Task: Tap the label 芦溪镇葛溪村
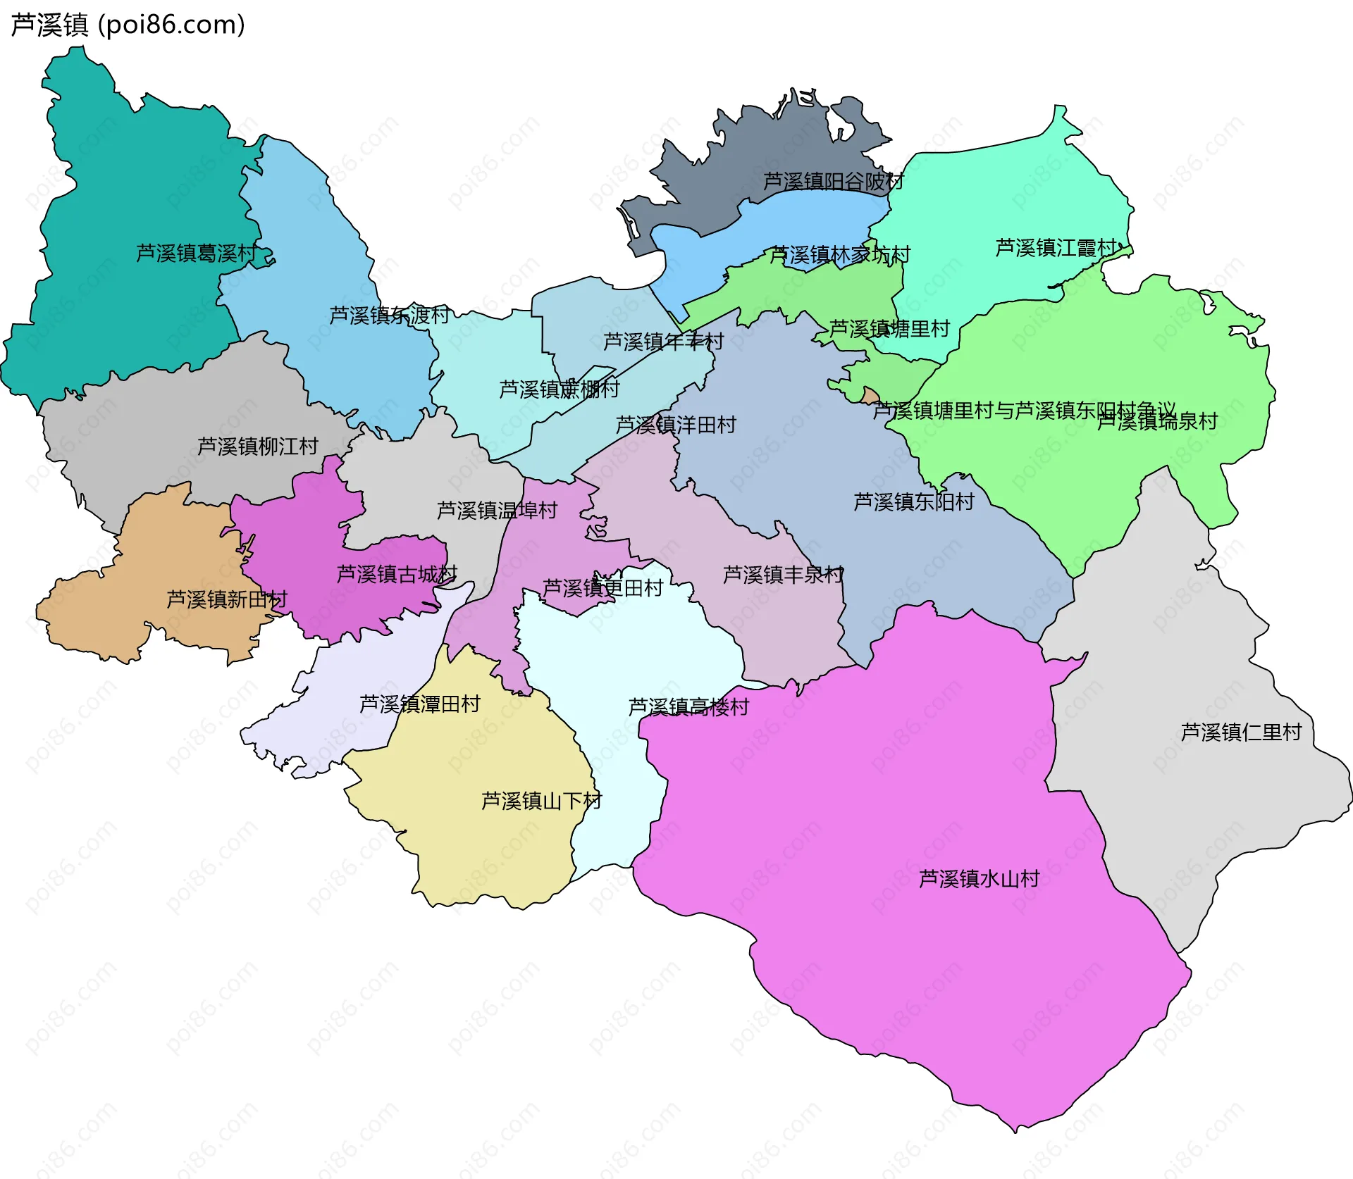tap(196, 253)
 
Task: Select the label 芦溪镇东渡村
tap(390, 315)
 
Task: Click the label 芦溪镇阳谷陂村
tap(834, 181)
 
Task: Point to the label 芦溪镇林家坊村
tap(840, 254)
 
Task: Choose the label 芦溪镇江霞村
tap(1056, 248)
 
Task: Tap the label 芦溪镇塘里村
tap(889, 329)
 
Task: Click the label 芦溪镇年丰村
tap(663, 342)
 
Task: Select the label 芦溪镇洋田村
tap(676, 425)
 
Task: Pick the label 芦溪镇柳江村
tap(258, 446)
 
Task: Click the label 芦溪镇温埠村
tap(497, 510)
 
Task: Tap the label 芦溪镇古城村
tap(397, 574)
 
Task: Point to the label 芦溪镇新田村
tap(227, 599)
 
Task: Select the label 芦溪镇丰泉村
tap(783, 575)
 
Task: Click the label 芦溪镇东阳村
tap(914, 501)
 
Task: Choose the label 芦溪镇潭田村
tap(420, 704)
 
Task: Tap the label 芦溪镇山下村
tap(541, 801)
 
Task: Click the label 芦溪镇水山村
tap(980, 878)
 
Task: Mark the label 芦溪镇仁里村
tap(1241, 732)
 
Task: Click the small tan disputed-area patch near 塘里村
tap(871, 396)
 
